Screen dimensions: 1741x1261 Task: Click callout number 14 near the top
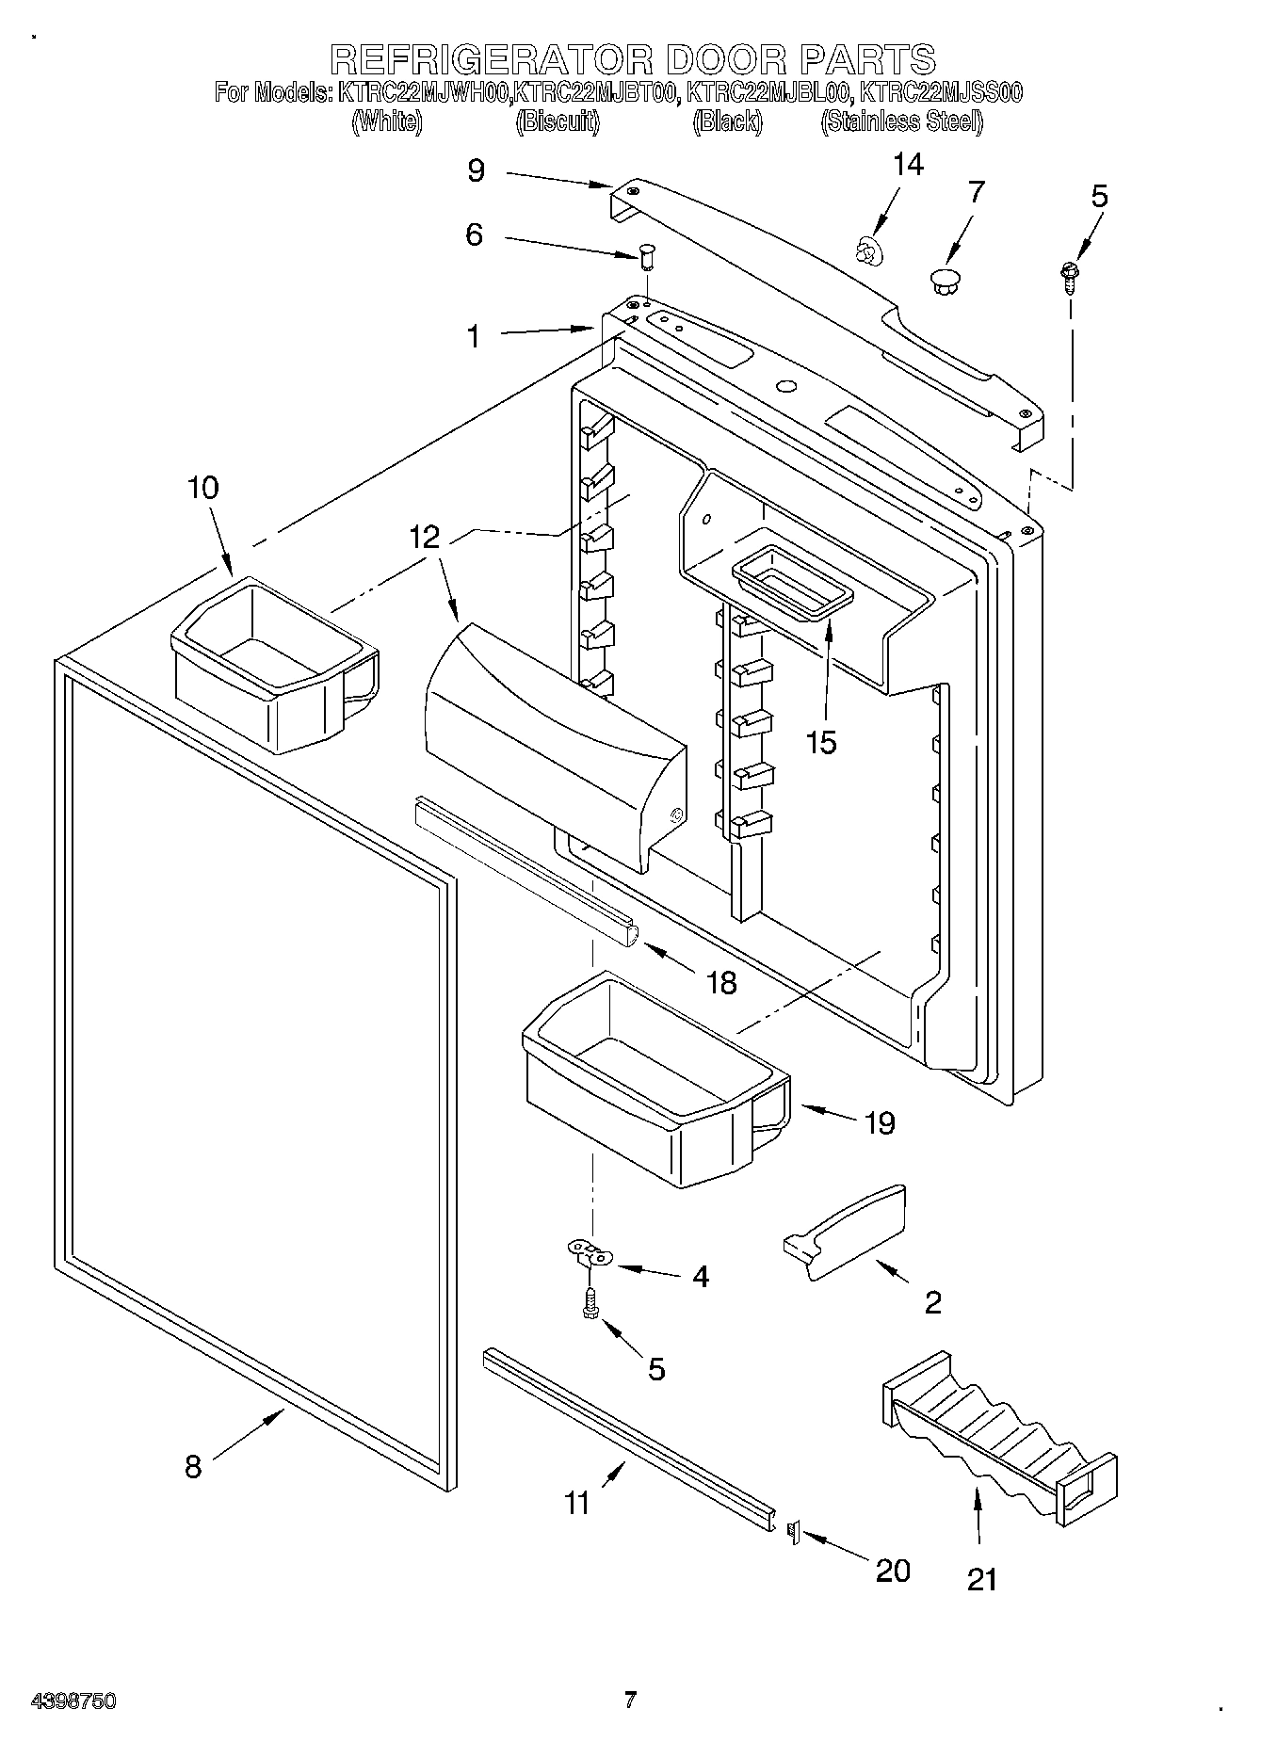tap(908, 164)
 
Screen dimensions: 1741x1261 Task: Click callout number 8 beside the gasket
tap(193, 1466)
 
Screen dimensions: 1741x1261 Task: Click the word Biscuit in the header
tap(558, 121)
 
